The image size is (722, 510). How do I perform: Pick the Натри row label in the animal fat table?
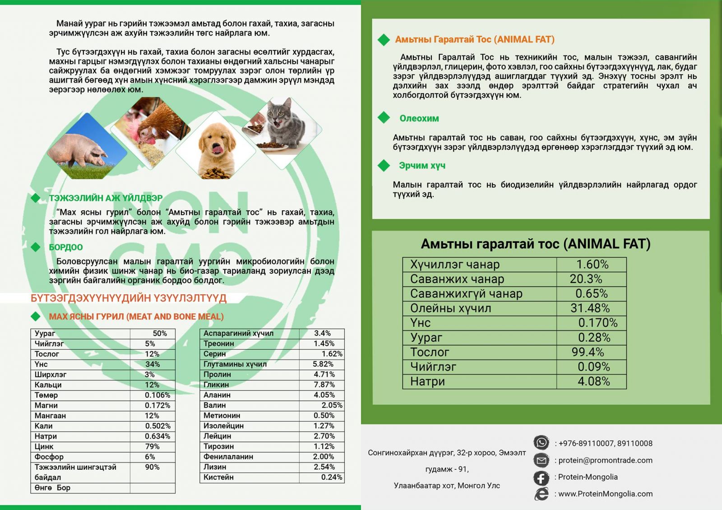[x=427, y=382]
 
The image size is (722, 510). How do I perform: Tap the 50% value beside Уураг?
[x=160, y=334]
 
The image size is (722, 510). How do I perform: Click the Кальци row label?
[x=48, y=385]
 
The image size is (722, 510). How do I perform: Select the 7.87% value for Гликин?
[x=324, y=385]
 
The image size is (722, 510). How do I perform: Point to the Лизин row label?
[x=215, y=467]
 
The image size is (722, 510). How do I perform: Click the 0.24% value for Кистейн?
[x=331, y=477]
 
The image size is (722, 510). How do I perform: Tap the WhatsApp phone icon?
[x=541, y=443]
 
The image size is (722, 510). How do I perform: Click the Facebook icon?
[x=541, y=478]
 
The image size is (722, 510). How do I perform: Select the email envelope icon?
[x=541, y=460]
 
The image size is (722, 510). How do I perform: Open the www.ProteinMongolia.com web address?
[x=605, y=494]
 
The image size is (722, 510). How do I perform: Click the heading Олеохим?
[x=419, y=119]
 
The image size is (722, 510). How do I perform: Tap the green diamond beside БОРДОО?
[x=36, y=247]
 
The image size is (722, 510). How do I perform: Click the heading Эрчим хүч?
[x=422, y=166]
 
